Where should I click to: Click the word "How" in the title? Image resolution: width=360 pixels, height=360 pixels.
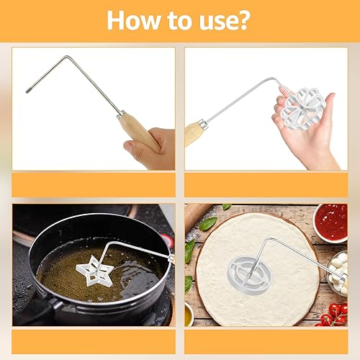tap(132, 19)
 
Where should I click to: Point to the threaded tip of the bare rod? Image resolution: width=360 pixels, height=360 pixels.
tap(29, 89)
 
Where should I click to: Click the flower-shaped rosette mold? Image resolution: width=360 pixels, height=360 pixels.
tap(303, 107)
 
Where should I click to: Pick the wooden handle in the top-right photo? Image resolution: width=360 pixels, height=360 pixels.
tap(194, 132)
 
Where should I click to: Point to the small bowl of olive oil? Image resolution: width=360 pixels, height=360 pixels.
tap(189, 313)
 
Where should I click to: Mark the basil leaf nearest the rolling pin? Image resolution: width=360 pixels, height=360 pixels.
tap(207, 224)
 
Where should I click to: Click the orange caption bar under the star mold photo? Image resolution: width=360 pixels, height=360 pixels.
tap(94, 340)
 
